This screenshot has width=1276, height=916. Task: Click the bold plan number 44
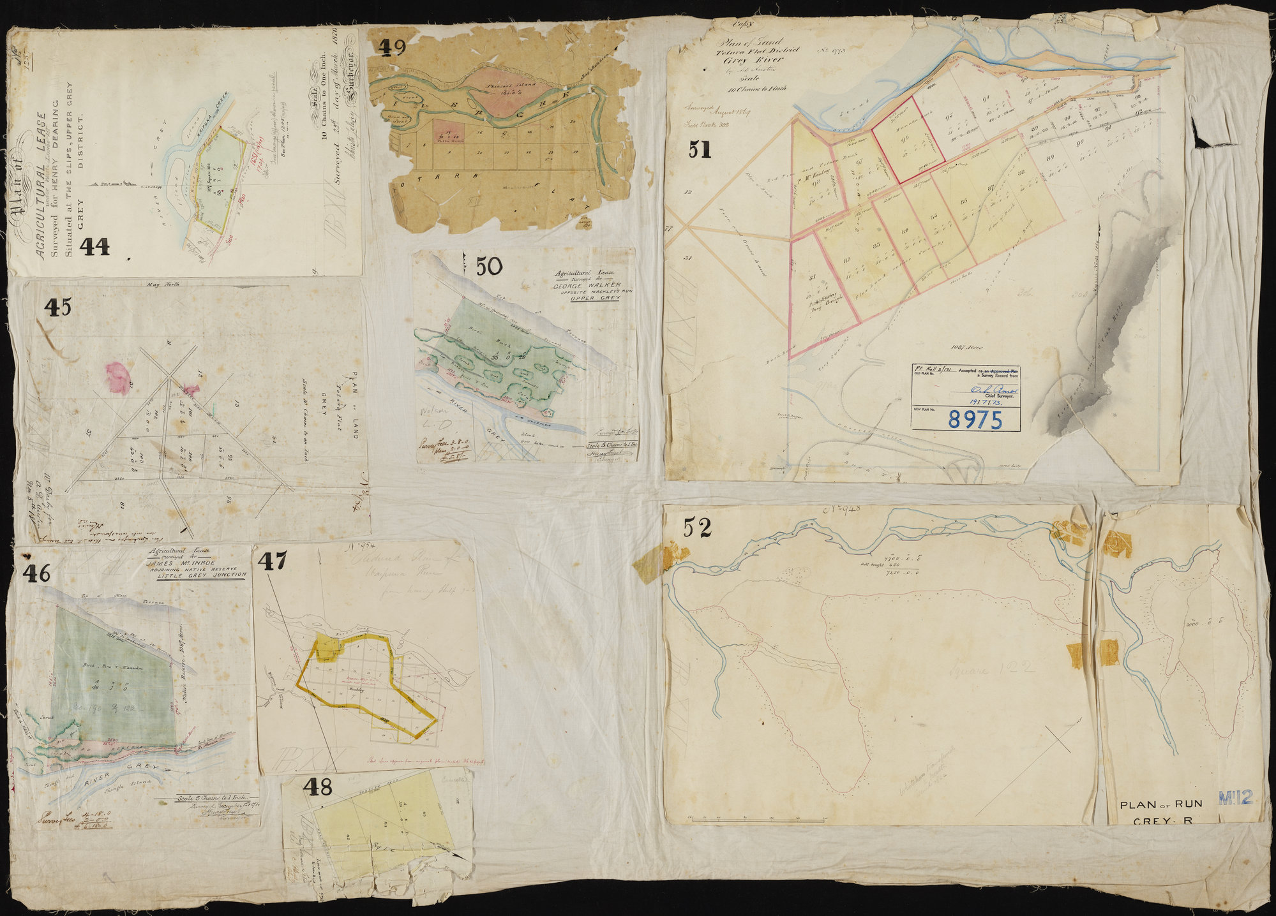[x=94, y=247]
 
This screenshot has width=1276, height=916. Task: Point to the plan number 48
[x=318, y=788]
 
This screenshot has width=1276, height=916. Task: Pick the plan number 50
[x=489, y=265]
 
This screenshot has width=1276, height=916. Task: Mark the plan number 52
[x=696, y=528]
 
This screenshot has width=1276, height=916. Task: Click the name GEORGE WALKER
[x=585, y=286]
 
